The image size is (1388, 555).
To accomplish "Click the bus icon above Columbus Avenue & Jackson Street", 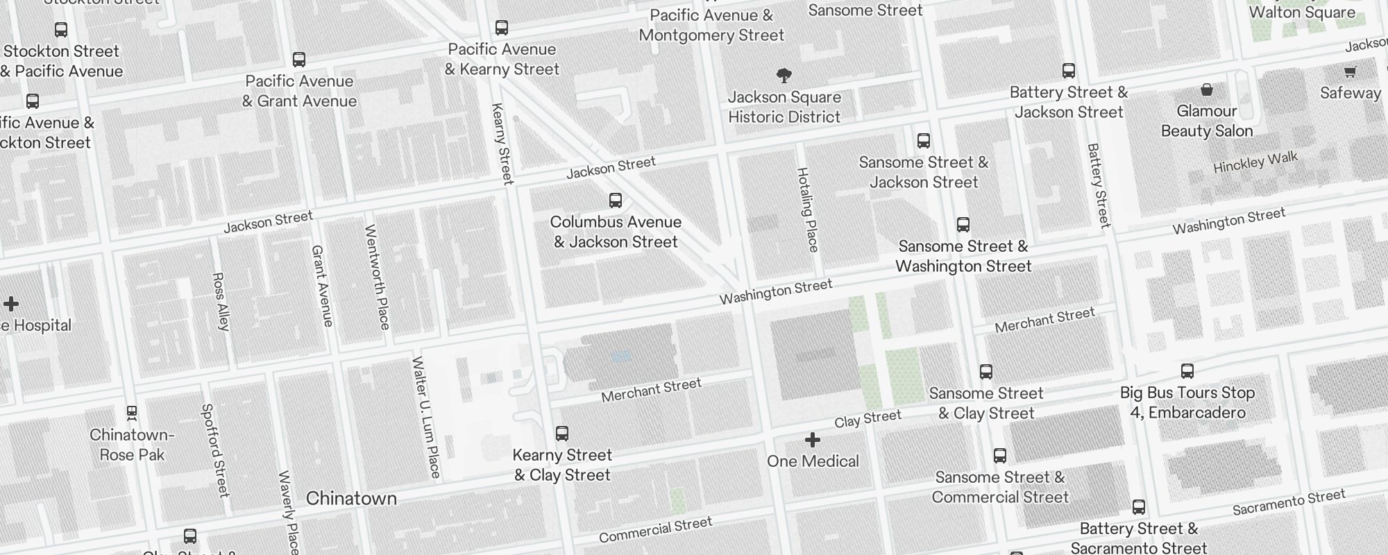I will [x=615, y=200].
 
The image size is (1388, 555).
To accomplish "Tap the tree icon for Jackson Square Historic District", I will [x=784, y=75].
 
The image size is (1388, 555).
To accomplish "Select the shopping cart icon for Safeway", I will [x=1350, y=71].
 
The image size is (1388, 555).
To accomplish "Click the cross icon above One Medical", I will [x=813, y=440].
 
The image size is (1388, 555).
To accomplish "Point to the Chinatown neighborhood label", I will [x=351, y=498].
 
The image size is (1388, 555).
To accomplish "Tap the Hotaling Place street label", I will [x=808, y=210].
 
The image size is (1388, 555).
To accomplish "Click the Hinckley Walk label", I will [x=1255, y=162].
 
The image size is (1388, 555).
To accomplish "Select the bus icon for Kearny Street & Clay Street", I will [x=562, y=434].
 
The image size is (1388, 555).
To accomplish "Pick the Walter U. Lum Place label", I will [x=426, y=417].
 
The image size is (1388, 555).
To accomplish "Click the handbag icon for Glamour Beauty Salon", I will [x=1207, y=89].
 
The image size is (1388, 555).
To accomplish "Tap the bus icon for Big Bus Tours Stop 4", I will [x=1187, y=371].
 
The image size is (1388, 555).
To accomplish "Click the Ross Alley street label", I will [x=221, y=301].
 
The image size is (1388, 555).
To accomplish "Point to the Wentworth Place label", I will [x=378, y=276].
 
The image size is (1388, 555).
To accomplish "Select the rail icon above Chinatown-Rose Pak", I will [x=132, y=413].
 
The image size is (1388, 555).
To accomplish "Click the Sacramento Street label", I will [x=1289, y=502].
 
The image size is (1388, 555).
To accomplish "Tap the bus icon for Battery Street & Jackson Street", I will [x=1069, y=71].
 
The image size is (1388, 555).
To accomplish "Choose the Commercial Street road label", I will [x=655, y=530].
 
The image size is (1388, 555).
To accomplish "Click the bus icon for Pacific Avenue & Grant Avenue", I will [x=299, y=60].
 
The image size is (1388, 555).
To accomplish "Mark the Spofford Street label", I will [x=215, y=450].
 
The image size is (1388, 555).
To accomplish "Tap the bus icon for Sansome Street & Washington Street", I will [x=963, y=225].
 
